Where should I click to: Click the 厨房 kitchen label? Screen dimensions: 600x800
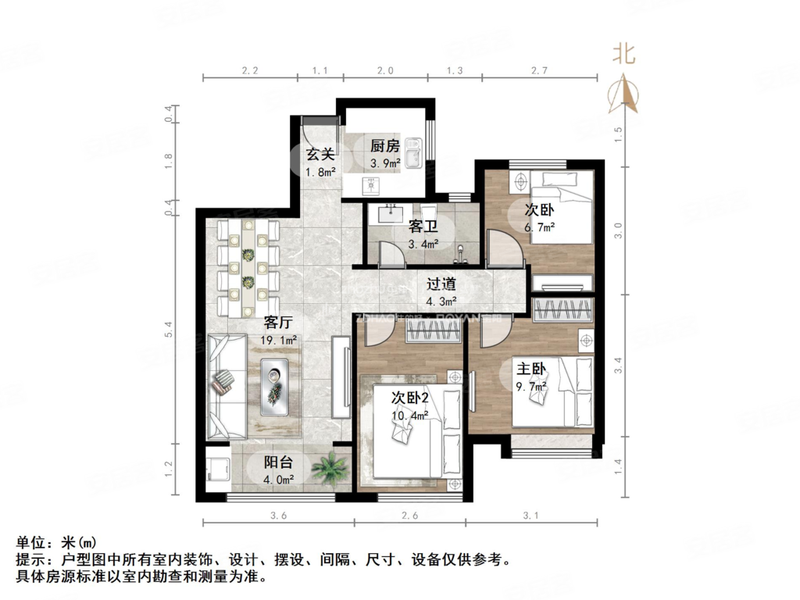point(385,146)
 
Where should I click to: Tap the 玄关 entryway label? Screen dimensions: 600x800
point(320,155)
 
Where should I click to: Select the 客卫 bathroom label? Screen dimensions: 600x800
point(423,227)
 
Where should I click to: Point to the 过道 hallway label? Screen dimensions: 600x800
point(441,284)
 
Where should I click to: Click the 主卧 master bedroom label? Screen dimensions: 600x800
point(530,369)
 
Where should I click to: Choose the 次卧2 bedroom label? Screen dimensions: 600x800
point(409,398)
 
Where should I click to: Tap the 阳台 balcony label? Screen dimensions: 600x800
point(278,461)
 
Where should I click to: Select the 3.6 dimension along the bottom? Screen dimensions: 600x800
point(278,516)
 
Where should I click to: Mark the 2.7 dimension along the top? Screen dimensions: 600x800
point(539,70)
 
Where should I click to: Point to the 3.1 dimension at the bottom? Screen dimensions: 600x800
point(531,516)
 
